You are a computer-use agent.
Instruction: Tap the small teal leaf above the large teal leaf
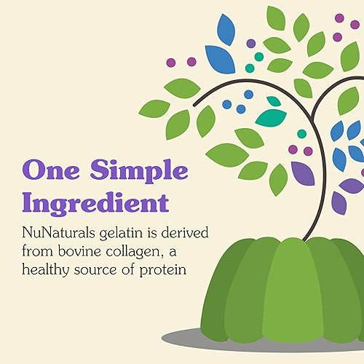pos(274,101)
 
